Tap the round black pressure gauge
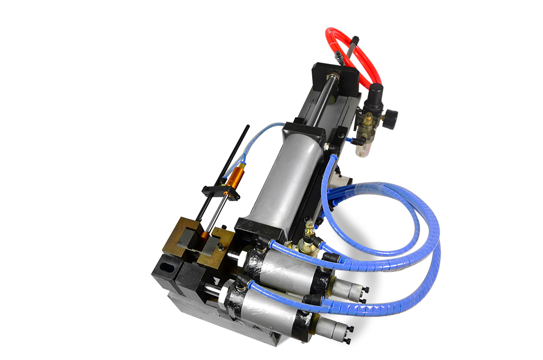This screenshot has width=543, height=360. point(390,116)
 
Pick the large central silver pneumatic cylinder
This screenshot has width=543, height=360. point(282,179)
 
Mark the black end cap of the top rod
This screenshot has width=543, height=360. point(355,40)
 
